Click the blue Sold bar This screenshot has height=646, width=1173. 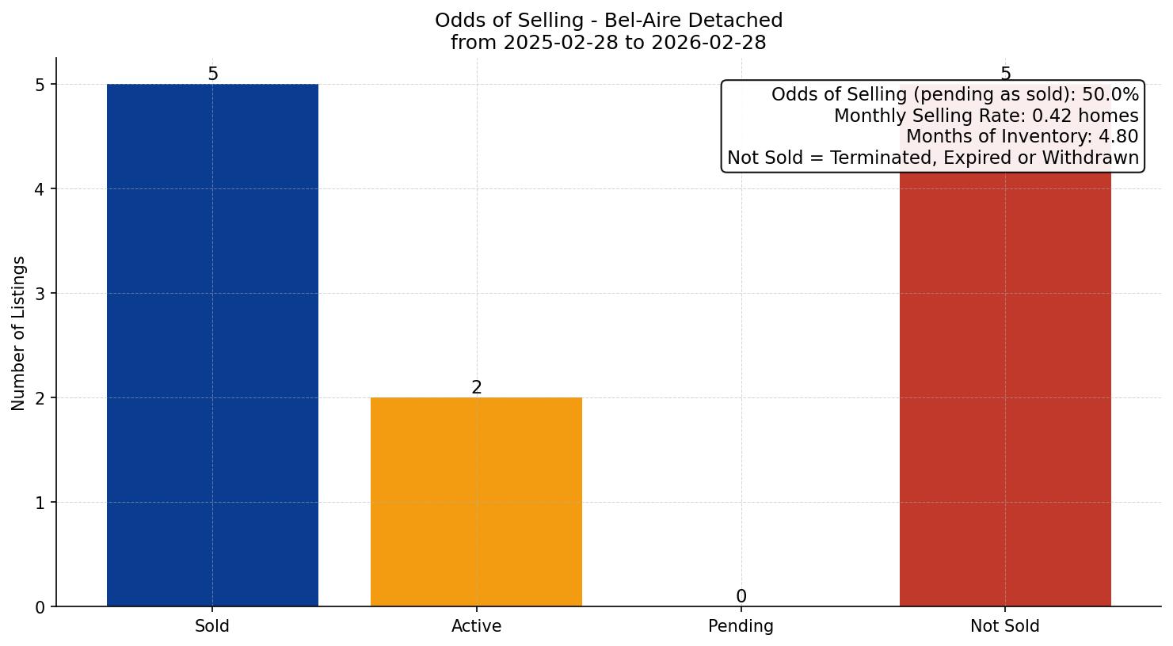[212, 344]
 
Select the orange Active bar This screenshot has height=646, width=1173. [476, 501]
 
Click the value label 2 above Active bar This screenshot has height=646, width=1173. [476, 387]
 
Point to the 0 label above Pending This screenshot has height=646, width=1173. [741, 596]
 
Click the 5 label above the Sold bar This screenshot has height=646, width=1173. [212, 74]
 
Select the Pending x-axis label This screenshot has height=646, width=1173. [741, 626]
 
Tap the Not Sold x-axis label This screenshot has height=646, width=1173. [1004, 626]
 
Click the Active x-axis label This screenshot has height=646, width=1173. [476, 626]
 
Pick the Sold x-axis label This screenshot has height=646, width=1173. [212, 626]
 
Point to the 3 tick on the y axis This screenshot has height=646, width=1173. [40, 294]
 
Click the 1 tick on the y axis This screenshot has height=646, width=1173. [40, 503]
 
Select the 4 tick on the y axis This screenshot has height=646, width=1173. [40, 189]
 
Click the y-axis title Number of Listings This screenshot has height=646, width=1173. [19, 332]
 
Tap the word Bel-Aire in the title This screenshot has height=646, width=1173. [637, 21]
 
